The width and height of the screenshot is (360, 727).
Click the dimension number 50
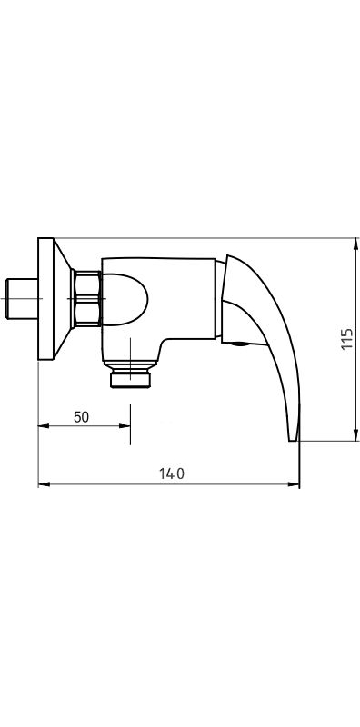pos(81,417)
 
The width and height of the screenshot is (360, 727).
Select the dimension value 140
pos(169,473)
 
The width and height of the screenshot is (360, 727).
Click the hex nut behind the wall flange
pos(86,299)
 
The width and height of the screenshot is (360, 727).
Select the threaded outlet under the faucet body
pos(131,377)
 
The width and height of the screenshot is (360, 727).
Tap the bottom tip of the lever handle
pos(294,436)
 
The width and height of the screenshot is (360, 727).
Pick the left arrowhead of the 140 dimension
pos(42,485)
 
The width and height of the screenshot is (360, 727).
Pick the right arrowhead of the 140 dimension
pos(295,485)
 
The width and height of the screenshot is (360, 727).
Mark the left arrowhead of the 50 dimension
pos(42,426)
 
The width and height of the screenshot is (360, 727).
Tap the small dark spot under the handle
pos(239,343)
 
